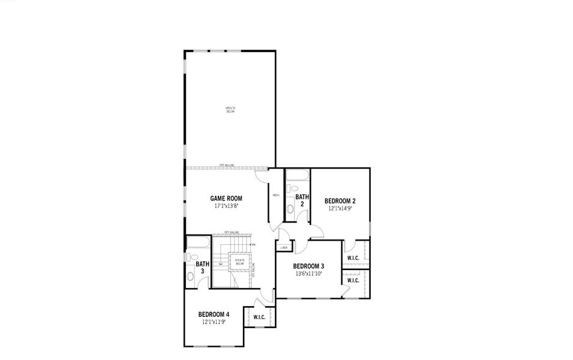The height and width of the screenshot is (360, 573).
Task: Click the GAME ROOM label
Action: click(x=226, y=198)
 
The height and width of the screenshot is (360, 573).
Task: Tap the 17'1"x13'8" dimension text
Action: click(x=226, y=206)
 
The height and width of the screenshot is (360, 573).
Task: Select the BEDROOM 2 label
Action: click(x=340, y=201)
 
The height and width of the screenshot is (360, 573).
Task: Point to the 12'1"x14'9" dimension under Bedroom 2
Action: click(x=340, y=209)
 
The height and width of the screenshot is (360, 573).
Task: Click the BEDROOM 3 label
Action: click(x=308, y=266)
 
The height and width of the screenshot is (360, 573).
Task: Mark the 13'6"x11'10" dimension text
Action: click(x=308, y=274)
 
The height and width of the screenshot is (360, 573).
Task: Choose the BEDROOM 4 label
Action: click(x=214, y=314)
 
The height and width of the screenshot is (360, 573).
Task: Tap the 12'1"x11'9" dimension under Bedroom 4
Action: click(x=214, y=322)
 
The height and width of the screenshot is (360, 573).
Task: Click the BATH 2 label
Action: click(x=302, y=200)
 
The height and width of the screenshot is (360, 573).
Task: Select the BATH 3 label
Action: click(x=203, y=268)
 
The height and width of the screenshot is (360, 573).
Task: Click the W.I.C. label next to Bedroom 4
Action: click(x=259, y=317)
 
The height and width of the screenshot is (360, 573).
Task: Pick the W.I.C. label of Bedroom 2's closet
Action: click(x=353, y=259)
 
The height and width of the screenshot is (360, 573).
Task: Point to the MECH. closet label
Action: click(x=276, y=195)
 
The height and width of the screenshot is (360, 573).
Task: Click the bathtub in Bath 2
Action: click(x=297, y=176)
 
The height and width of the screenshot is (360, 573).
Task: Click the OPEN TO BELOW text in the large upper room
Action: click(x=230, y=110)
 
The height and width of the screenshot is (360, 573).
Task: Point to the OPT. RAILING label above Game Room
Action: click(x=226, y=166)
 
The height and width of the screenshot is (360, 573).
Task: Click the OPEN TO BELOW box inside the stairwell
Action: click(x=239, y=262)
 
